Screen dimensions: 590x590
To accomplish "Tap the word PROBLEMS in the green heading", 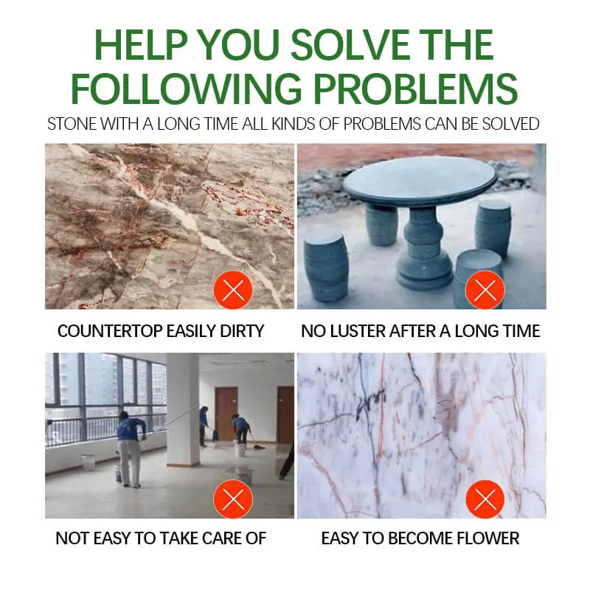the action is [416, 89].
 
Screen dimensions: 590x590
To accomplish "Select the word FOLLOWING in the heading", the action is [187, 89].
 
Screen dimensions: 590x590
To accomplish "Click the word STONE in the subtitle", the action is [72, 124].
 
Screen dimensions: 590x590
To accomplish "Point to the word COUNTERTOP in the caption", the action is [109, 331].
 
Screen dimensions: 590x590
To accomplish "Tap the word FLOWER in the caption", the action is [487, 538].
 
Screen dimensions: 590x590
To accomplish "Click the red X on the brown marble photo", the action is [233, 290].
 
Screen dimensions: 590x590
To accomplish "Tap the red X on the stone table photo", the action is [485, 290].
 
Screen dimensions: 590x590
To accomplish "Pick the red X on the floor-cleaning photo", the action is [233, 499].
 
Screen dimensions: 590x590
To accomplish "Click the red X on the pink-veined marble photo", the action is [485, 499].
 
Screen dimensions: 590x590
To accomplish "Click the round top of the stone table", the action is [420, 181].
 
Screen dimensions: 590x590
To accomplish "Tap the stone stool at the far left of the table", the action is [326, 267].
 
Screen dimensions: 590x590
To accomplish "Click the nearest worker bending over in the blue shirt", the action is [131, 448].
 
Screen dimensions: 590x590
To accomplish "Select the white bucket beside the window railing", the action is [88, 462].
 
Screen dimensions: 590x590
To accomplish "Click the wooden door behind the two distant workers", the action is [226, 413].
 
